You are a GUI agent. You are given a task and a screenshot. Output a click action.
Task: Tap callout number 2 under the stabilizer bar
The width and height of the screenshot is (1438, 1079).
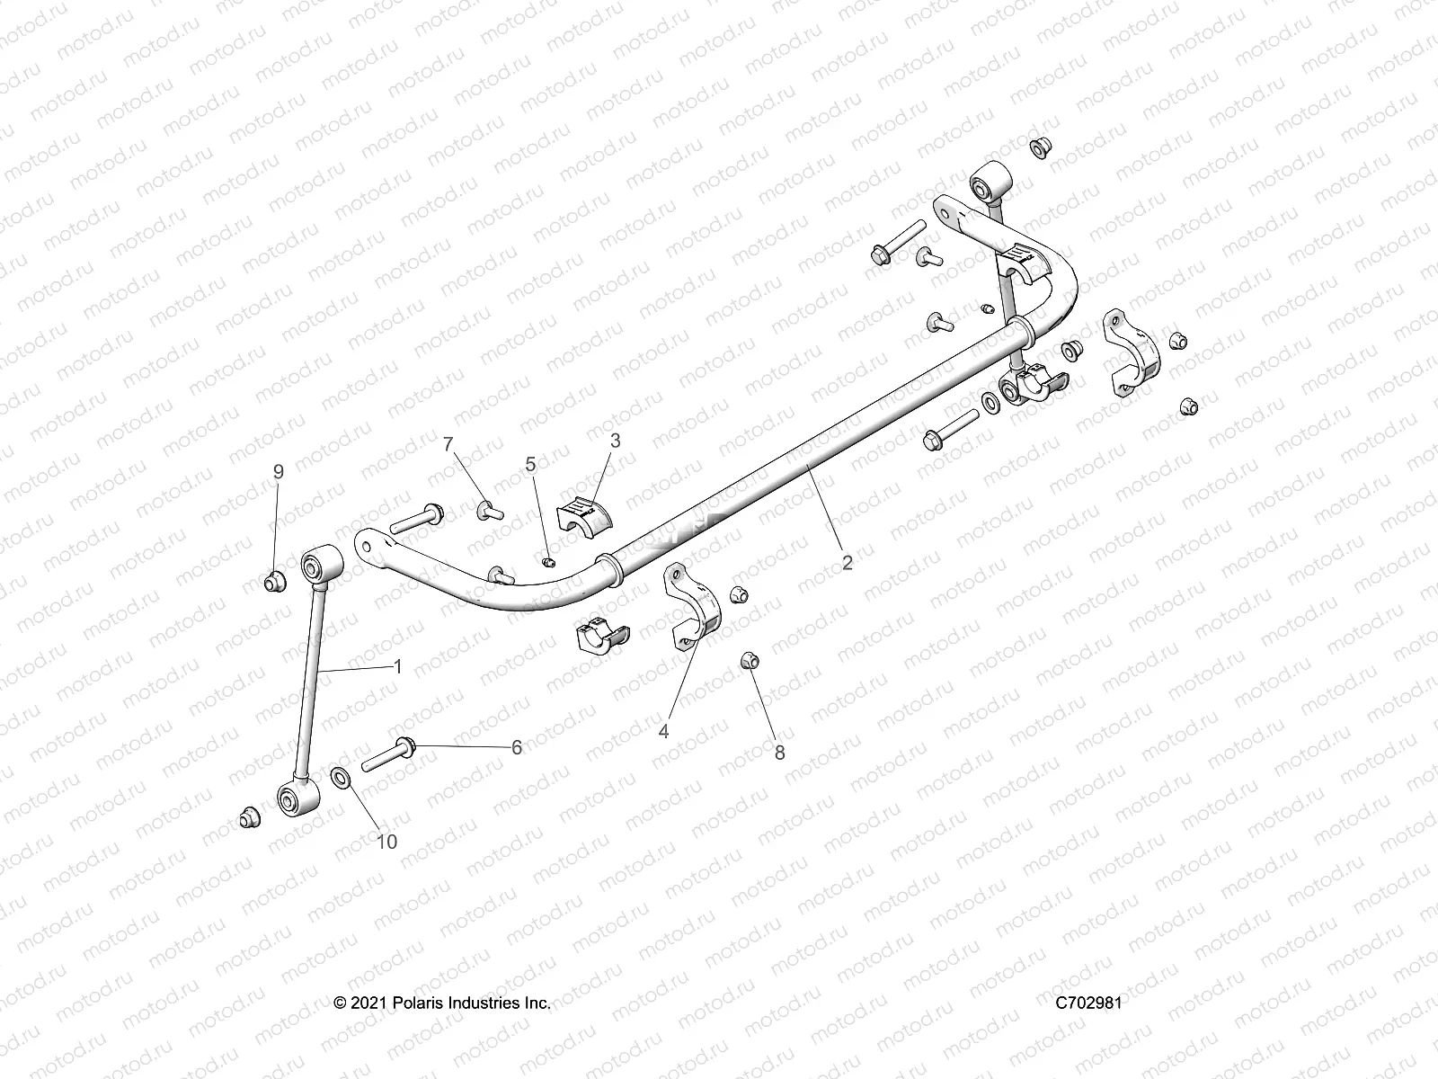click(x=847, y=563)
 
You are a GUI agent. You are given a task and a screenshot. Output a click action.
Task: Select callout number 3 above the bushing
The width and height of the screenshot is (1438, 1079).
click(x=615, y=441)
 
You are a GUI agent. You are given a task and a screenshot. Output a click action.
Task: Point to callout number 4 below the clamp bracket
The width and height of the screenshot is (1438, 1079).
click(x=663, y=732)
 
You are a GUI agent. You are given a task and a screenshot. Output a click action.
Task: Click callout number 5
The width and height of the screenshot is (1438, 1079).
click(x=530, y=464)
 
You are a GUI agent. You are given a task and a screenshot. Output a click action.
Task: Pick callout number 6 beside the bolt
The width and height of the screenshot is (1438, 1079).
click(x=517, y=747)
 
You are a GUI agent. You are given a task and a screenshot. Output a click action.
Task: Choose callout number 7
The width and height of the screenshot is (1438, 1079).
click(x=448, y=443)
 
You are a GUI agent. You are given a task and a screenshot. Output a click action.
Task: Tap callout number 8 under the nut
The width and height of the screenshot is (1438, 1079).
click(x=779, y=754)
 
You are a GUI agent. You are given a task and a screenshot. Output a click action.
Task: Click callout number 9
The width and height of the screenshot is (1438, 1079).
click(x=278, y=471)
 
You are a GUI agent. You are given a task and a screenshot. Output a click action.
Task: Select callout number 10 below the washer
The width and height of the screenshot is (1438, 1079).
click(x=386, y=842)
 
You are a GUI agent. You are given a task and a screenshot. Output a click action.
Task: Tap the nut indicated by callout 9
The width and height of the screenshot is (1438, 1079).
click(x=274, y=583)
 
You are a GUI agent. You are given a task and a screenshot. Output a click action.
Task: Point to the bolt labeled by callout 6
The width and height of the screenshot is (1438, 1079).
click(x=389, y=753)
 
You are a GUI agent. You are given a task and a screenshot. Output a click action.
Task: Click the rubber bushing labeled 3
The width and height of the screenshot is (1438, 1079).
click(x=582, y=515)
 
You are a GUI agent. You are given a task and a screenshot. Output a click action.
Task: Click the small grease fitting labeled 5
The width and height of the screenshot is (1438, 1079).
click(x=551, y=563)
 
